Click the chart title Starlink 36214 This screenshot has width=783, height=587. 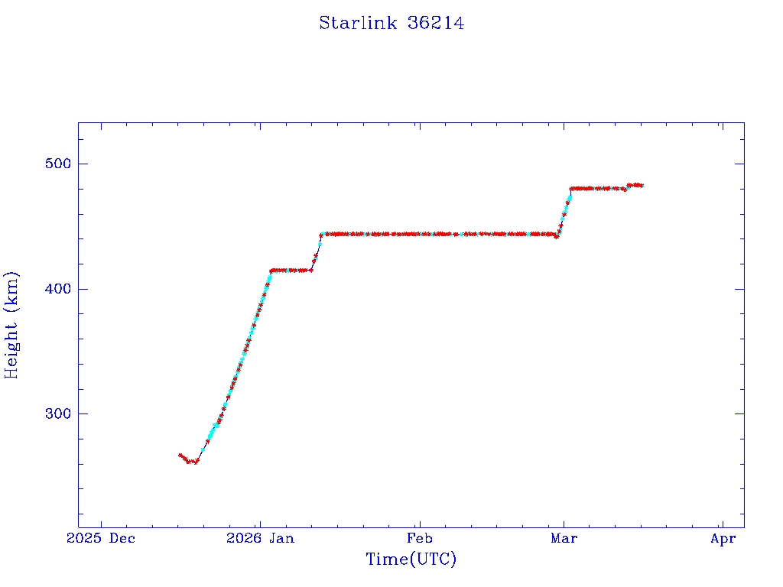click(391, 24)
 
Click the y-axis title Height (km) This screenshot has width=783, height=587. click(12, 325)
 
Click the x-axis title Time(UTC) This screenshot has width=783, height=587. click(411, 559)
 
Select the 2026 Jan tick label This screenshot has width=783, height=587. click(260, 539)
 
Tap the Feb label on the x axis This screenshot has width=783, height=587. click(419, 539)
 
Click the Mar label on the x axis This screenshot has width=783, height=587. click(564, 539)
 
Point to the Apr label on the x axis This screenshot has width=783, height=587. click(723, 539)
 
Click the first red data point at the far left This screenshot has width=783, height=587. click(180, 455)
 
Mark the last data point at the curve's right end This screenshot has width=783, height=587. click(642, 185)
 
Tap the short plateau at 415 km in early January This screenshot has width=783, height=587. click(291, 270)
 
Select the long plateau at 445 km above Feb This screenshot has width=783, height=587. click(419, 234)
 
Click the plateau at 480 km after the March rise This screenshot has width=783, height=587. click(596, 188)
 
